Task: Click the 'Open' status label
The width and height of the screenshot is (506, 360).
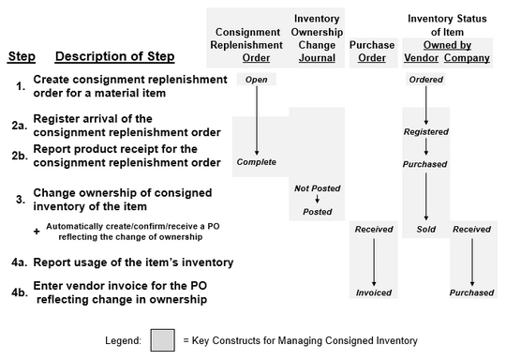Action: pyautogui.click(x=256, y=80)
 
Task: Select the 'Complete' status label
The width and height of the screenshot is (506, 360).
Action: pyautogui.click(x=256, y=162)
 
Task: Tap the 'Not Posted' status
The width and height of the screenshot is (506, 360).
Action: pyautogui.click(x=316, y=188)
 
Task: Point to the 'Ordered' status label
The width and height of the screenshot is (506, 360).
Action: pyautogui.click(x=426, y=80)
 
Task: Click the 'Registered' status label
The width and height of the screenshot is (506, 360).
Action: pyautogui.click(x=426, y=132)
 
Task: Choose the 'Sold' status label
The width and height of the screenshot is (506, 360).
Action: pyautogui.click(x=426, y=230)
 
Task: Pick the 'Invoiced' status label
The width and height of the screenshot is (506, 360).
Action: pyautogui.click(x=373, y=293)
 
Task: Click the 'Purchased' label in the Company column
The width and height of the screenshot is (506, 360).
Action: pyautogui.click(x=470, y=293)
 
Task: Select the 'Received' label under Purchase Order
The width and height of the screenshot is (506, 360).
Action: pyautogui.click(x=373, y=230)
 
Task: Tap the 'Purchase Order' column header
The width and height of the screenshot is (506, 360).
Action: pyautogui.click(x=373, y=51)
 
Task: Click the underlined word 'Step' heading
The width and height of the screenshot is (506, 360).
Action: pyautogui.click(x=22, y=57)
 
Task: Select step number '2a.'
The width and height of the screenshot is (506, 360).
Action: pyautogui.click(x=18, y=125)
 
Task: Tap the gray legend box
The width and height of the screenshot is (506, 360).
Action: pyautogui.click(x=162, y=338)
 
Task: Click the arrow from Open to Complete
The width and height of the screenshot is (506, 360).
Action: pyautogui.click(x=256, y=120)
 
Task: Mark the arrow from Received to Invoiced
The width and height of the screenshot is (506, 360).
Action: pyautogui.click(x=373, y=262)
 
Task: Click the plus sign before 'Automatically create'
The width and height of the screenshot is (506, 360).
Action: pyautogui.click(x=36, y=232)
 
